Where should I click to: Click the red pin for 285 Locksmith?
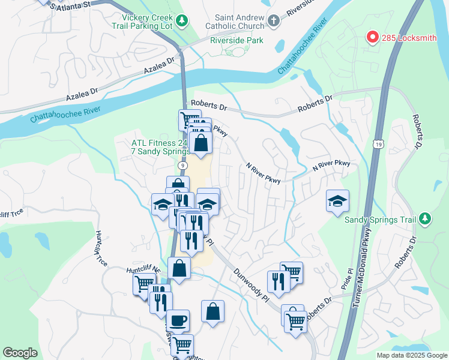tap(372, 38)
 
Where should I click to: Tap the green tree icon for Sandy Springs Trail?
tap(425, 218)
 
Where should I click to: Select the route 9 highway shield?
tap(181, 165)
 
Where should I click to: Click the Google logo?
tap(20, 353)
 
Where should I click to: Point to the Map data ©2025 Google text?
tap(411, 355)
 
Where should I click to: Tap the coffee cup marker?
tap(179, 320)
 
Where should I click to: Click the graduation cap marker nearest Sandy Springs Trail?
tap(338, 200)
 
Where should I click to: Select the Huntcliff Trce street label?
tap(100, 248)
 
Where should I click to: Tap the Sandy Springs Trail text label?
tap(380, 219)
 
